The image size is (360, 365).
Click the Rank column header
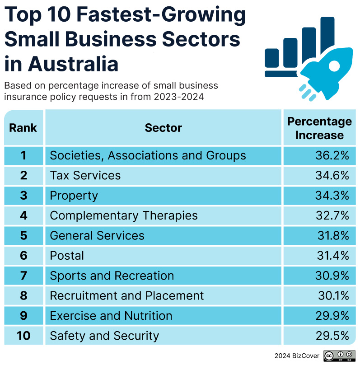coord(23,128)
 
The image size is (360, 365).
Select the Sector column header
coord(163,128)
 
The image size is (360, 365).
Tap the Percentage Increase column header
coord(319,128)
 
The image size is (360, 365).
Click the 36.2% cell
coord(332,156)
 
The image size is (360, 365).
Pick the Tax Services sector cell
coord(85,176)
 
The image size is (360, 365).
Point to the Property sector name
coord(74,196)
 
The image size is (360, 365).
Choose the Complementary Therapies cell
coord(124,215)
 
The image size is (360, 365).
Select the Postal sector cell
coord(67,256)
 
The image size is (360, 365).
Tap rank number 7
coord(23,276)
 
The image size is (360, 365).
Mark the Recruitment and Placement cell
coord(127,296)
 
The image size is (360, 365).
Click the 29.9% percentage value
coord(332,316)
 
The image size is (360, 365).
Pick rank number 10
coord(23,336)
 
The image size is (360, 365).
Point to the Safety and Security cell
coord(104,336)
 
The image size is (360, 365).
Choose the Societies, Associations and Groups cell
coord(148,156)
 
